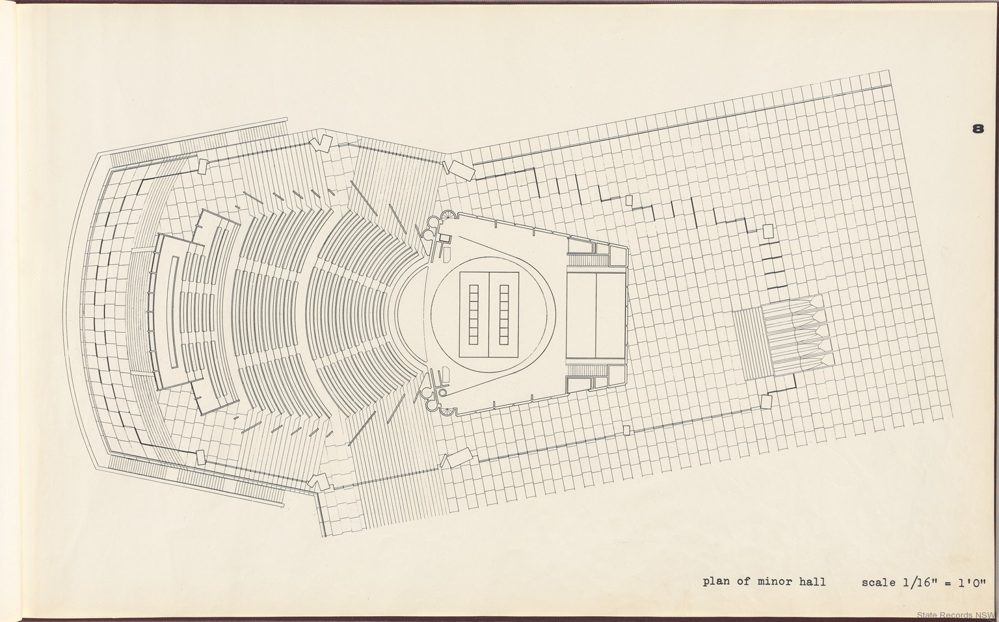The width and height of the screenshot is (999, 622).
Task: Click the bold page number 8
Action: click(x=978, y=129)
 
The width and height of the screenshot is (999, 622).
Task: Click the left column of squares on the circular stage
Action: click(x=473, y=314)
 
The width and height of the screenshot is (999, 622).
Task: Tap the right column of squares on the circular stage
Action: click(x=505, y=314)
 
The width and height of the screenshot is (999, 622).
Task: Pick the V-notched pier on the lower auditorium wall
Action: click(x=320, y=482)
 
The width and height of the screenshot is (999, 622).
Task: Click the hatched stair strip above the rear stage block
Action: click(x=588, y=260)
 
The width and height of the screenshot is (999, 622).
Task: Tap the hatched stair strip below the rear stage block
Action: click(x=588, y=370)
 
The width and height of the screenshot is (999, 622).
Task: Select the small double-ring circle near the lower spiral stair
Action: click(x=442, y=393)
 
